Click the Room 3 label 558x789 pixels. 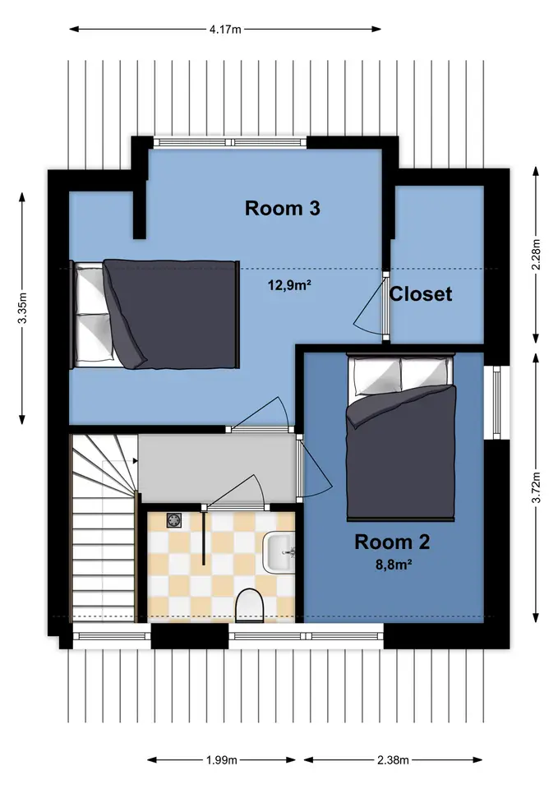[x=282, y=208]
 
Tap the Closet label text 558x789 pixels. [x=421, y=294]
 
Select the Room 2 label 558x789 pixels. [x=392, y=542]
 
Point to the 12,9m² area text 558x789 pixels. [x=288, y=286]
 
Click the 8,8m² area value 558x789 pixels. [x=394, y=565]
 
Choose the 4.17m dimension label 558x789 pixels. [x=225, y=30]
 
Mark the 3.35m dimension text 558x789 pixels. [x=22, y=308]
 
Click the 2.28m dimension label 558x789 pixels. [x=537, y=255]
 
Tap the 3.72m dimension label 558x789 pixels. [x=537, y=487]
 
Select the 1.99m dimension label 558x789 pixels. [x=221, y=759]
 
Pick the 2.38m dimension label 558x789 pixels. [x=393, y=759]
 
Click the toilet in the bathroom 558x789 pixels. [x=250, y=606]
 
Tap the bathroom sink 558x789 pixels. [x=279, y=553]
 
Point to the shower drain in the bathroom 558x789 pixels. [x=174, y=520]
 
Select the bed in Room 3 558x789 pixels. [x=154, y=315]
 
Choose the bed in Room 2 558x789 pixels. [x=400, y=437]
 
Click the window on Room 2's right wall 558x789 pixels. [x=497, y=403]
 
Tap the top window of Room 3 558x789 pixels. [x=230, y=142]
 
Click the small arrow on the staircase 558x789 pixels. [x=135, y=460]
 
